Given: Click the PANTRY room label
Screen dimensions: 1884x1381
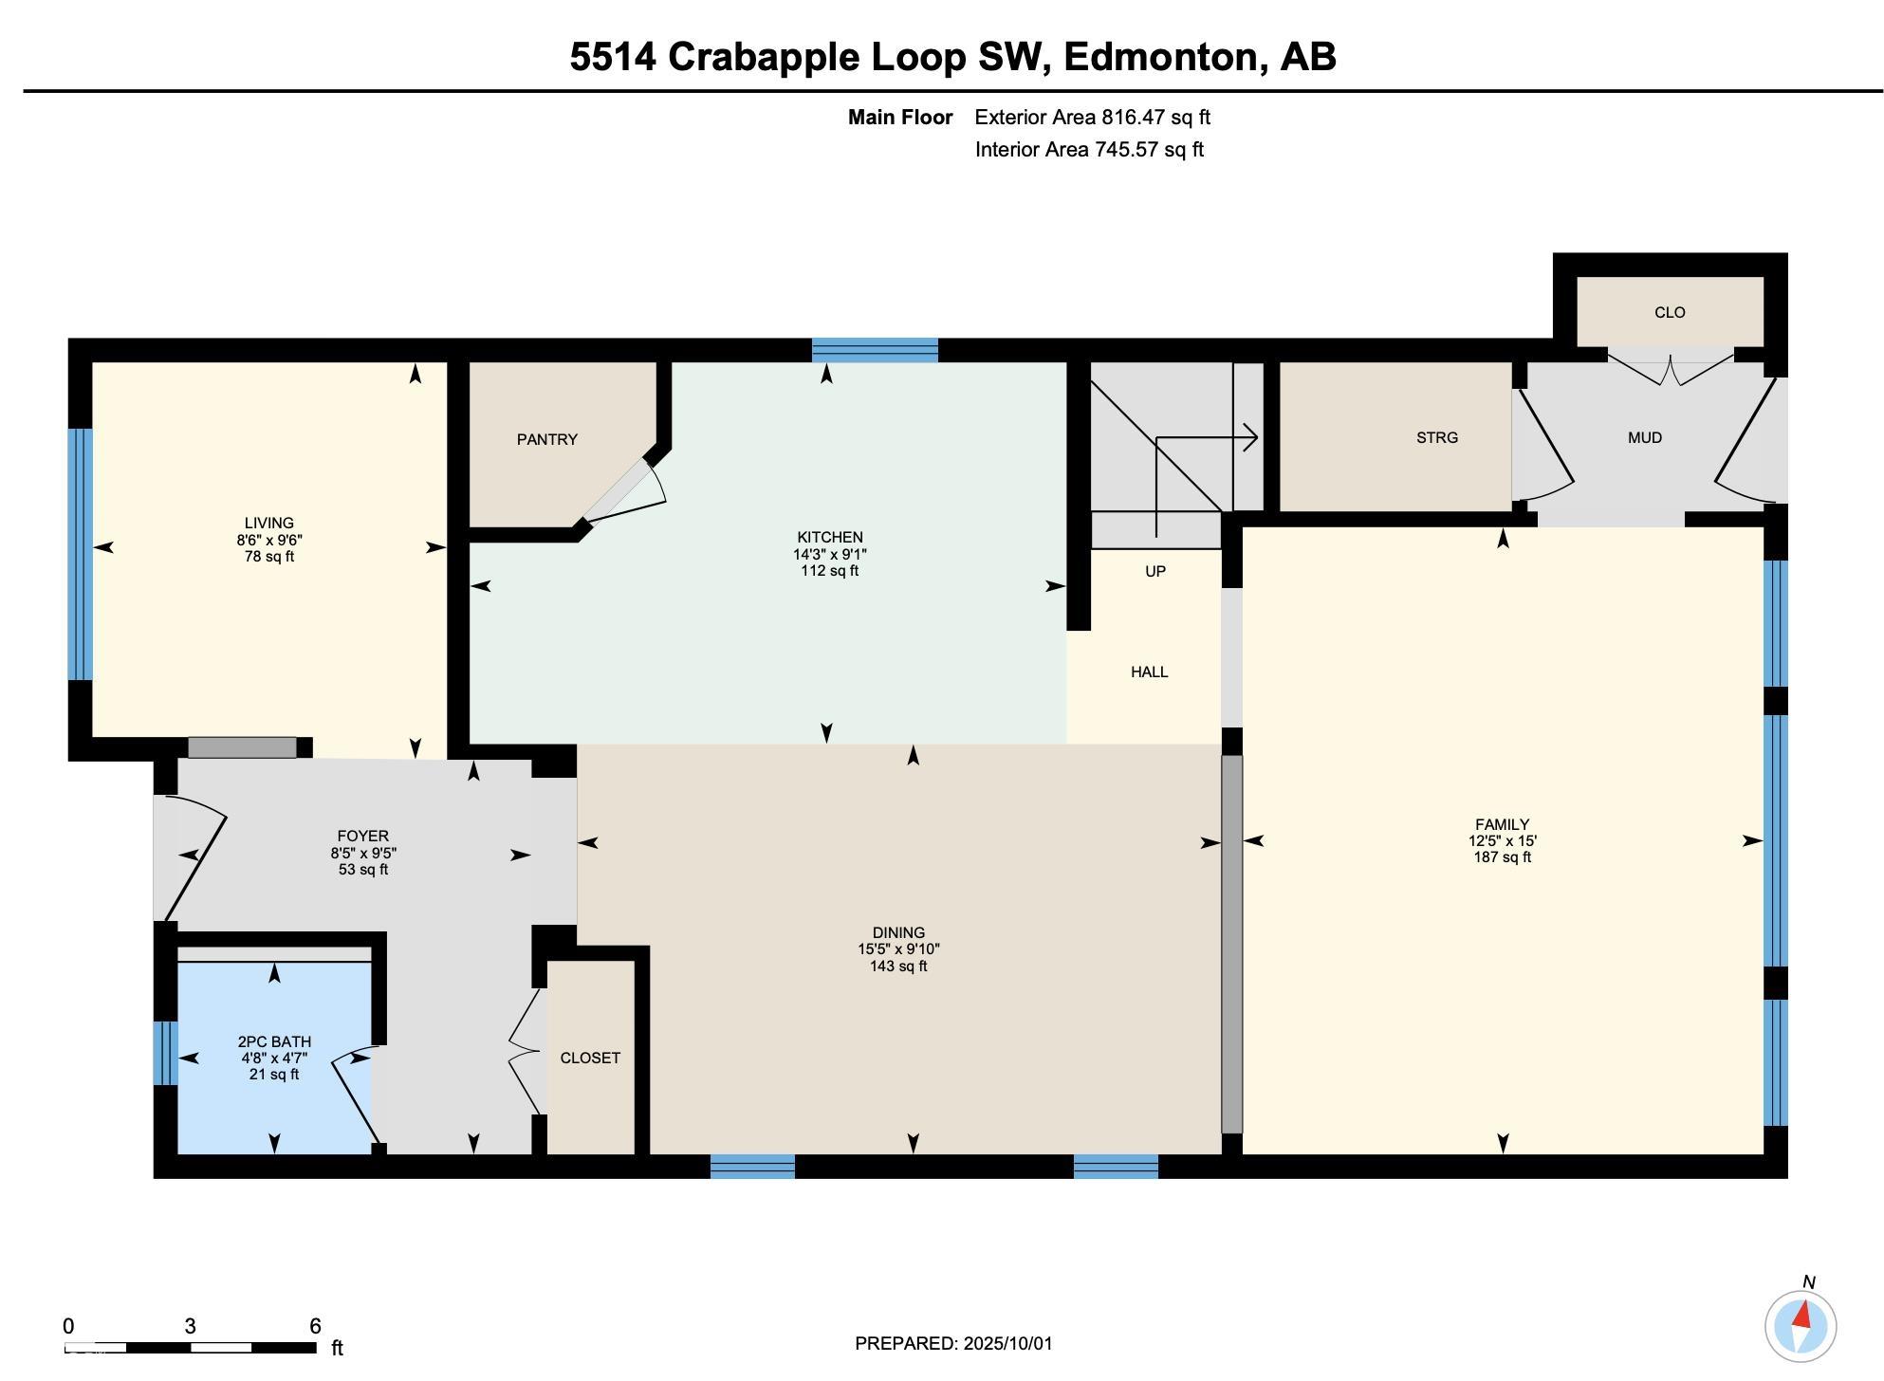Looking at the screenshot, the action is (x=547, y=439).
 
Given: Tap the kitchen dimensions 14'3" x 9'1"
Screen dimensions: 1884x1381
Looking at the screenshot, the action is (x=830, y=554).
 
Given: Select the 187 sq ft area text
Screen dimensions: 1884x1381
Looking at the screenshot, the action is (x=1503, y=857).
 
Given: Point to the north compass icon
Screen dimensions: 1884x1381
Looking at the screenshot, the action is (x=1801, y=1325).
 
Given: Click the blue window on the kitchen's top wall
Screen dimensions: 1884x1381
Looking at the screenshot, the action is (x=875, y=350).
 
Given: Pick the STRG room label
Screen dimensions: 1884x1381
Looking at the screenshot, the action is (x=1437, y=437).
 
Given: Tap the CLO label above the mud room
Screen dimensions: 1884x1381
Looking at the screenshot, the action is (x=1670, y=312).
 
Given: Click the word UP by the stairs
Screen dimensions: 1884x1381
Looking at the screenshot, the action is (x=1155, y=571).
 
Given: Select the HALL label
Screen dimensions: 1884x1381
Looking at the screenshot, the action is (x=1150, y=672).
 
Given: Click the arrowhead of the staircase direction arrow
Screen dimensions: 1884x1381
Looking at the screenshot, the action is (x=1251, y=437).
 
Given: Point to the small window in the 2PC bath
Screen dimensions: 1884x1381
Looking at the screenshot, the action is (x=166, y=1053).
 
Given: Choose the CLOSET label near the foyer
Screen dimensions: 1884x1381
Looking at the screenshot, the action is (x=590, y=1058).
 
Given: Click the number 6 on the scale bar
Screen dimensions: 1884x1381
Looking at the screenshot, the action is (x=315, y=1326).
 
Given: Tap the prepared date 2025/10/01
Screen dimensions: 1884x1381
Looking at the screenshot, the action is (x=1008, y=1343).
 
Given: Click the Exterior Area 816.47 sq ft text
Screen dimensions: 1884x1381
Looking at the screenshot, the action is (x=1093, y=118).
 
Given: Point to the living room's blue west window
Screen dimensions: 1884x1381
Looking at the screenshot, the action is (x=81, y=554).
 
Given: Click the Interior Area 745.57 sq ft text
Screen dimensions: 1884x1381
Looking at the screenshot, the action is (x=1089, y=150).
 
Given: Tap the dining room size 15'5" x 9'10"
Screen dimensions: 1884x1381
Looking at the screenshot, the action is (x=899, y=949).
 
